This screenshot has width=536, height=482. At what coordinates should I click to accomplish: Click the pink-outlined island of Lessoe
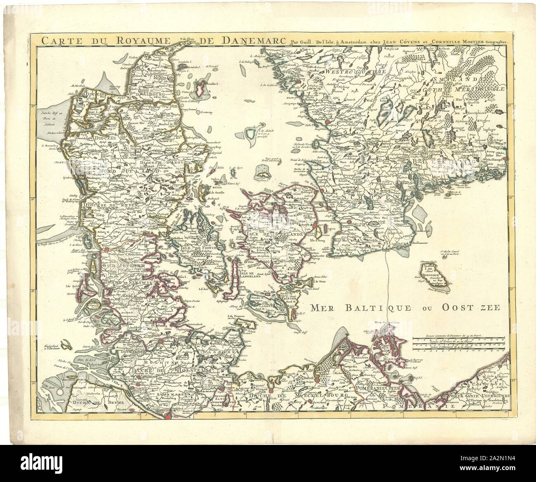coord(200,91)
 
